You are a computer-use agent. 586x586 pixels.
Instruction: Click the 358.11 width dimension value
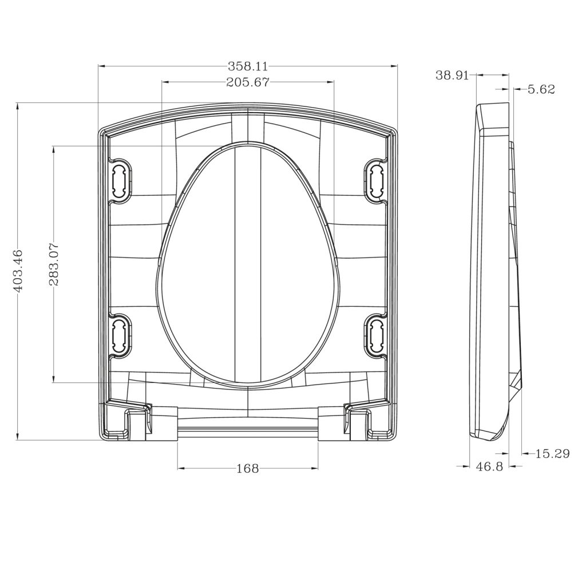(x=247, y=66)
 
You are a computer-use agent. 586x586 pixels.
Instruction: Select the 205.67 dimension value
(x=247, y=82)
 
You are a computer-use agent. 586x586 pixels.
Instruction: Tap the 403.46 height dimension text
(x=18, y=271)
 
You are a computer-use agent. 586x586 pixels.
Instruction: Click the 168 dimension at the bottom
(x=247, y=469)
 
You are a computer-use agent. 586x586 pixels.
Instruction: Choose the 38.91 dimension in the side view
(x=452, y=75)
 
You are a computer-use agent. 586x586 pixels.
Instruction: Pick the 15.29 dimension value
(x=552, y=454)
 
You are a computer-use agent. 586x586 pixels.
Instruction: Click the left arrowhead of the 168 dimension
(x=181, y=468)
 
